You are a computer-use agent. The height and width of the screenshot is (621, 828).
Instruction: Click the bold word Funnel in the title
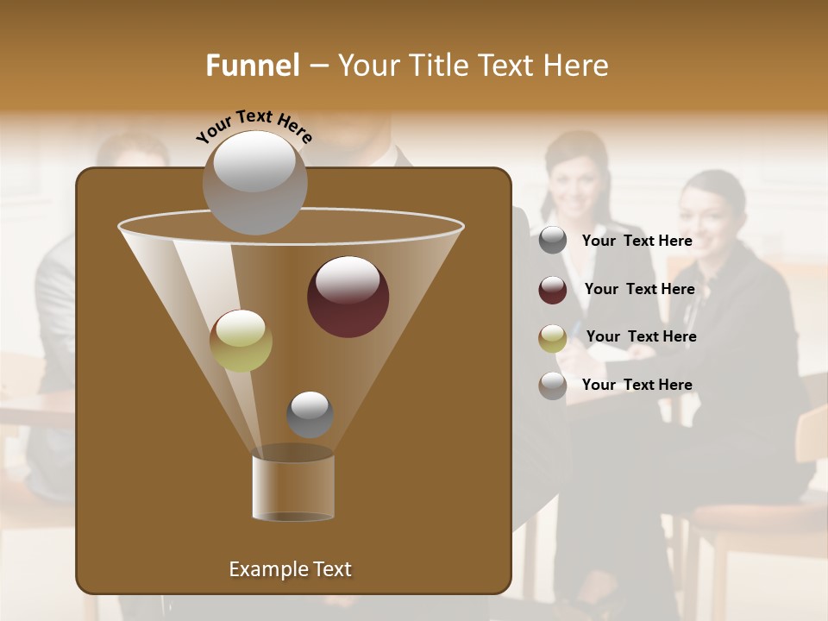tap(253, 66)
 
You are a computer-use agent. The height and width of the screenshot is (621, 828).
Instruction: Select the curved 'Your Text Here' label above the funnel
tap(254, 125)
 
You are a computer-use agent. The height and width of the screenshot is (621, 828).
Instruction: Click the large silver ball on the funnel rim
tap(254, 181)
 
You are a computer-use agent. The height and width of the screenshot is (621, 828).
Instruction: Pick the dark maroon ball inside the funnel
tap(348, 296)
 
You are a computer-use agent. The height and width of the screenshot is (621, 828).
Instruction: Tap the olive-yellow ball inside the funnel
tap(241, 341)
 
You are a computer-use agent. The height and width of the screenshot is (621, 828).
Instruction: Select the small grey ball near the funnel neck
tap(310, 414)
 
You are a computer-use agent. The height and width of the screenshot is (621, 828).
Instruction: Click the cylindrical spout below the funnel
tap(293, 487)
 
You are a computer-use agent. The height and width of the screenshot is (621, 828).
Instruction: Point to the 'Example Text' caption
tap(290, 569)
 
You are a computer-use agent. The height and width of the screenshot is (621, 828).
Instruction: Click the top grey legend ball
tap(553, 241)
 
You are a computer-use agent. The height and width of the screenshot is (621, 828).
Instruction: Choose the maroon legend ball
tap(553, 290)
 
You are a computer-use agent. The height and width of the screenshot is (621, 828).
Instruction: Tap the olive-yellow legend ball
tap(553, 338)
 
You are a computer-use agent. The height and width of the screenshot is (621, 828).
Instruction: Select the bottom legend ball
tap(553, 386)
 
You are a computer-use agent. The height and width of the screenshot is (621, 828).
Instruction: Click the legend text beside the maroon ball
tap(639, 289)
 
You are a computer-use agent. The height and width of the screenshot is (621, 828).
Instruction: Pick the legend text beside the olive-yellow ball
tap(641, 336)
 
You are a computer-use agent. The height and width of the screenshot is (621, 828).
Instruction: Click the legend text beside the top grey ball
tap(637, 241)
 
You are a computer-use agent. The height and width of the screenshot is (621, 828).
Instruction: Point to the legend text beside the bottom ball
tap(637, 385)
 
